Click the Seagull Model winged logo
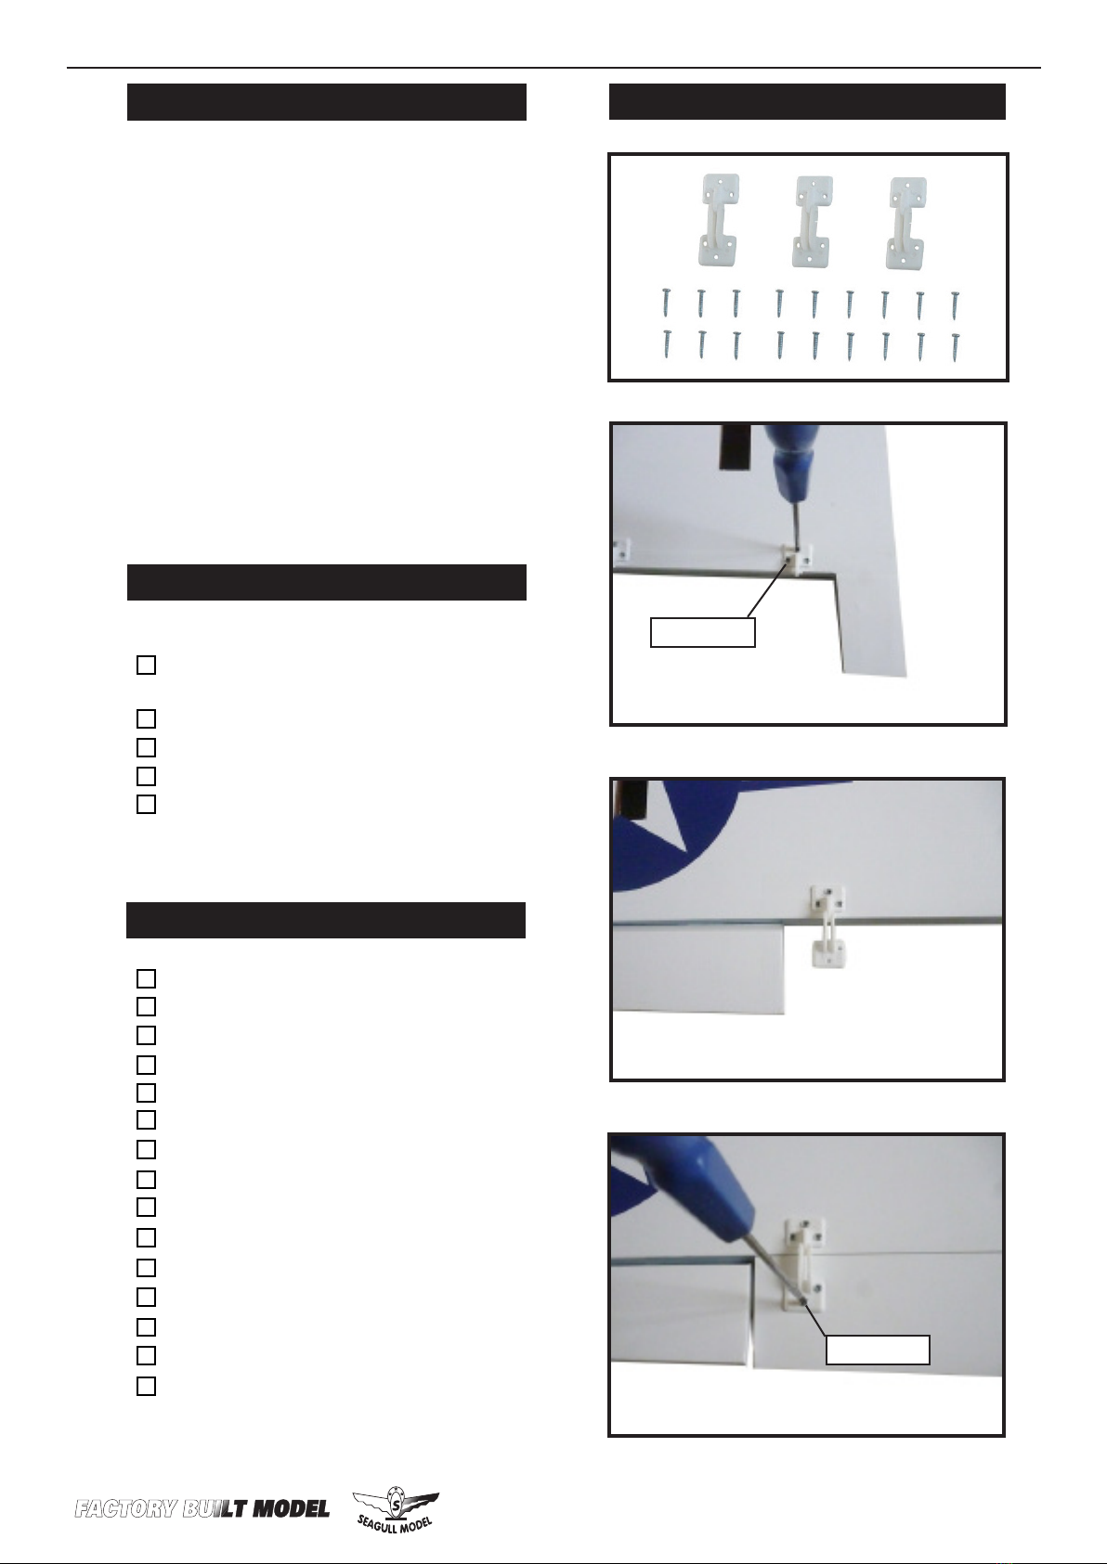[x=396, y=1509]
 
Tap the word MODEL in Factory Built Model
[x=291, y=1509]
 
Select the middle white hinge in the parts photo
[x=812, y=222]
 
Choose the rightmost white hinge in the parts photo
[x=906, y=222]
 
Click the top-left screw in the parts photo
[x=666, y=303]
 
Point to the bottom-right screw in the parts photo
[x=956, y=346]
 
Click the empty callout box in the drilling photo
[x=703, y=632]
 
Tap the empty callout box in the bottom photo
[x=878, y=1350]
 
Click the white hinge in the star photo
[x=827, y=925]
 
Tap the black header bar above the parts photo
[x=807, y=102]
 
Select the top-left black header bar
[x=326, y=102]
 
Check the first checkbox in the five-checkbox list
[x=146, y=665]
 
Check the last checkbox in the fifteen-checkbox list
[x=146, y=1386]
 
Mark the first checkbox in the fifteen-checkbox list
[x=146, y=978]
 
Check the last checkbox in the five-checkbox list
[x=146, y=805]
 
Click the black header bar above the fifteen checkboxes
[x=325, y=920]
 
